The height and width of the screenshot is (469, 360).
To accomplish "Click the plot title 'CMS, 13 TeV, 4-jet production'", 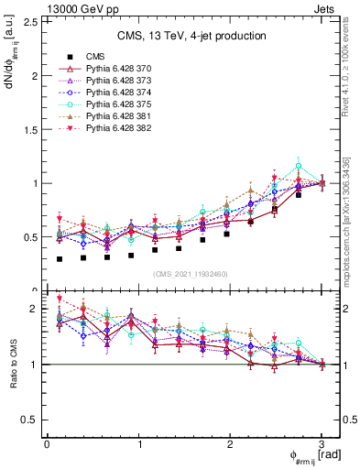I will [x=191, y=36].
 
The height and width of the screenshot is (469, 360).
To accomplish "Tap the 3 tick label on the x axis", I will [x=322, y=444].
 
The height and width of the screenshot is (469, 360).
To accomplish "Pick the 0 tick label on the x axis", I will [x=47, y=444].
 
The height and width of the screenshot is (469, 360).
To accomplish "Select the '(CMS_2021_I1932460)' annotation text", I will [x=191, y=274].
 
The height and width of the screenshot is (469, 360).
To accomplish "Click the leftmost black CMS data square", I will [x=60, y=259].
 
